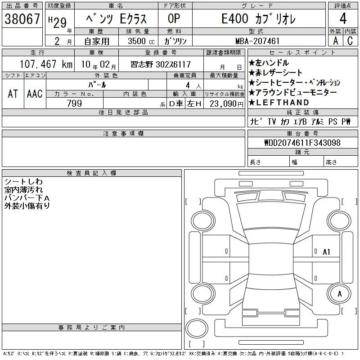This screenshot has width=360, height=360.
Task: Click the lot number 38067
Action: (22, 18)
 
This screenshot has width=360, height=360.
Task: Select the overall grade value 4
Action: (343, 18)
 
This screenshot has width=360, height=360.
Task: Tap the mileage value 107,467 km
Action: (46, 64)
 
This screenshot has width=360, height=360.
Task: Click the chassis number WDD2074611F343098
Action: (302, 143)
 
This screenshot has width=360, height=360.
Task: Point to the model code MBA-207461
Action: (257, 41)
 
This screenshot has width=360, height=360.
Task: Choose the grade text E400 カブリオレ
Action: (258, 18)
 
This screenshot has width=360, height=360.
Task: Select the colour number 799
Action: (74, 103)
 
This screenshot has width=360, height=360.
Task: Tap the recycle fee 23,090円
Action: (226, 104)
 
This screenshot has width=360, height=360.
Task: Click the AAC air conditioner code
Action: (35, 94)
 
